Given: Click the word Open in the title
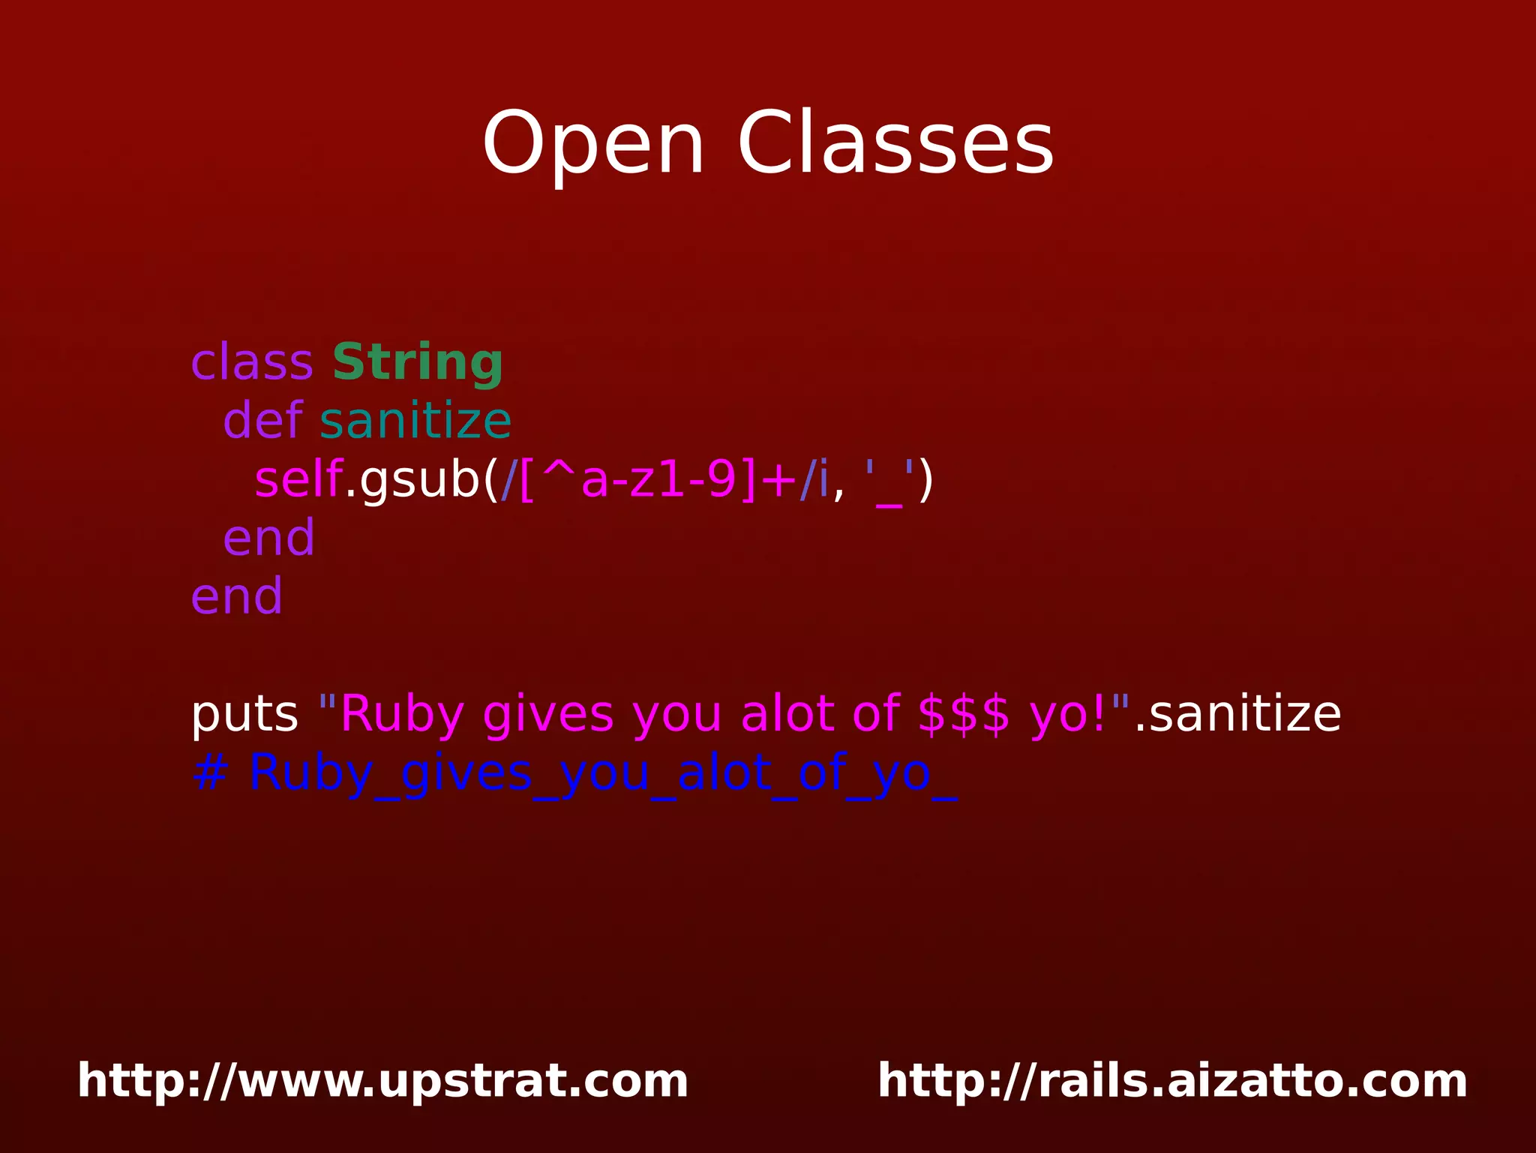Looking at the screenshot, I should (x=592, y=144).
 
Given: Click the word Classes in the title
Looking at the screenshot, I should (x=895, y=144).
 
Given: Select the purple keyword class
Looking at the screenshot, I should (x=252, y=363).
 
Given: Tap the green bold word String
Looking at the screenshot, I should (x=417, y=363).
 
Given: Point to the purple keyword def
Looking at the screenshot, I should (x=263, y=421).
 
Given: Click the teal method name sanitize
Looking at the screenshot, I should (x=415, y=421).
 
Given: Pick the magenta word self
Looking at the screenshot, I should (x=298, y=480).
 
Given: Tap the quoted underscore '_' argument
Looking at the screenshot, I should (x=889, y=480).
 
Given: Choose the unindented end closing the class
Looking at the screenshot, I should (x=237, y=597).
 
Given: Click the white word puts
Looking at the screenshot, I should (x=244, y=714).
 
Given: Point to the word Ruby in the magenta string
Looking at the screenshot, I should (x=402, y=714).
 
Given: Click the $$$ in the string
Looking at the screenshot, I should (x=964, y=714).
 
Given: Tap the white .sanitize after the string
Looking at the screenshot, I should (x=1237, y=714).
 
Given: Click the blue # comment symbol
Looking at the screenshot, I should (x=209, y=773).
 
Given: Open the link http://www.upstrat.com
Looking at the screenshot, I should (x=382, y=1081).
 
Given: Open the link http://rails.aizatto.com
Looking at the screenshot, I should (x=1172, y=1081).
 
